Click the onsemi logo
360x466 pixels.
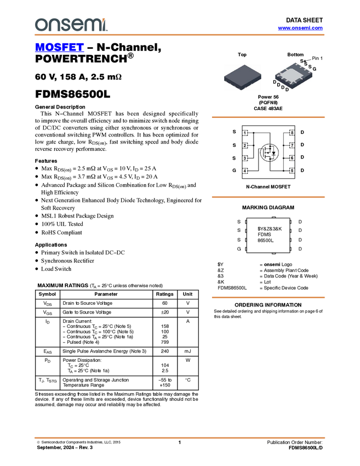click(71, 24)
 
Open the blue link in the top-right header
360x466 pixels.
click(300, 28)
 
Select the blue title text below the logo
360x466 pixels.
click(59, 47)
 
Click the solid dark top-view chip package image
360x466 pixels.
click(242, 77)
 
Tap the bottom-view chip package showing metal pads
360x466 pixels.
click(294, 77)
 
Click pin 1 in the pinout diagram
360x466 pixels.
click(245, 133)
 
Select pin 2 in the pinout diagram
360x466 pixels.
click(245, 146)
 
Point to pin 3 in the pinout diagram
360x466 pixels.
click(245, 158)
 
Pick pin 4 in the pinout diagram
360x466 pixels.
click(245, 171)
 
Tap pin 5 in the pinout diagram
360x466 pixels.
click(292, 171)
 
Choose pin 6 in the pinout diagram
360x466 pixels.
click(292, 158)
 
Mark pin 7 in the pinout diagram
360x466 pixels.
click(292, 146)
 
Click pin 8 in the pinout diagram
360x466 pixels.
click(292, 133)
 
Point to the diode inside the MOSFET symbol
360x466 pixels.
click(273, 153)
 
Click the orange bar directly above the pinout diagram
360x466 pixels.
click(268, 117)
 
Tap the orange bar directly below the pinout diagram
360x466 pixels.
click(268, 197)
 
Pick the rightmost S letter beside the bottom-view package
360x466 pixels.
click(310, 67)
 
